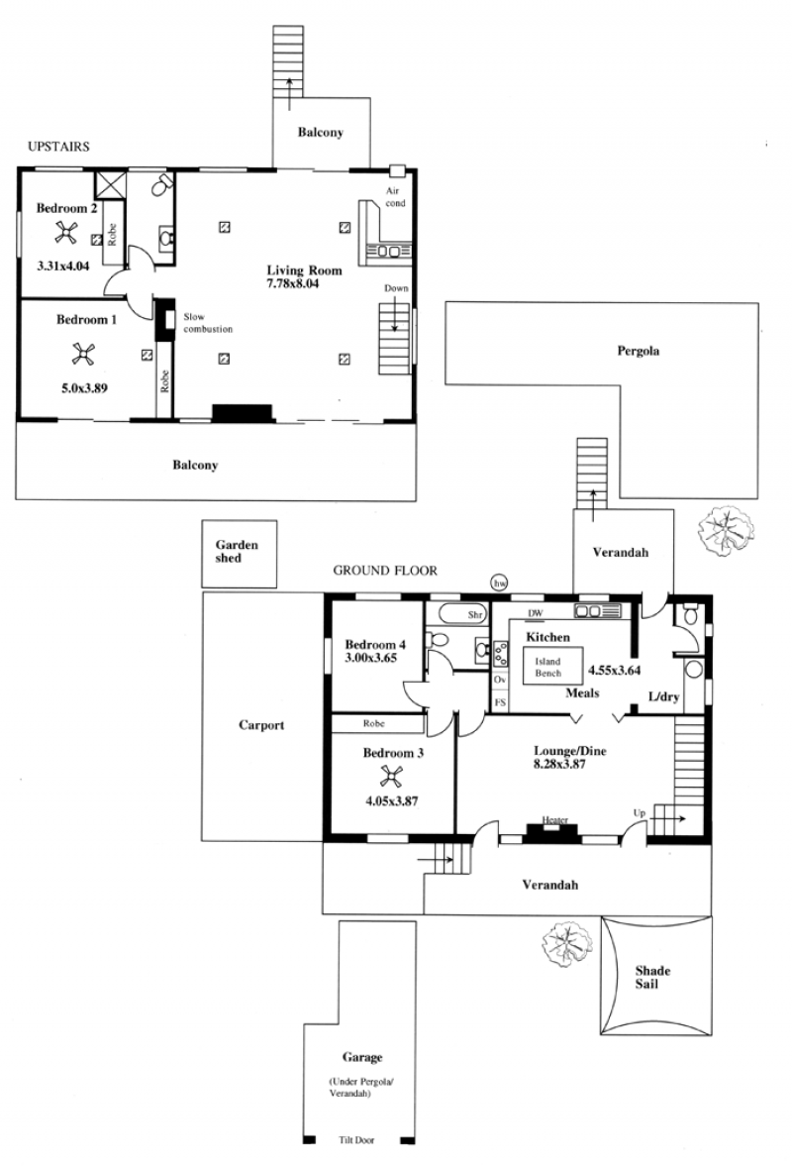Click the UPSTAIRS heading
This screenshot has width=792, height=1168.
tap(58, 147)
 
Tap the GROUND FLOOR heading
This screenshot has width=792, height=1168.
tap(385, 571)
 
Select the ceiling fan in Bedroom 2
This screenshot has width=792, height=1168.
tap(65, 234)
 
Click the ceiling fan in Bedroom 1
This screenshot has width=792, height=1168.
tap(83, 354)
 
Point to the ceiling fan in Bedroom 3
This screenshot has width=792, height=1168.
tap(391, 776)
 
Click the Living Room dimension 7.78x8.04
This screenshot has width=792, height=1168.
tap(292, 283)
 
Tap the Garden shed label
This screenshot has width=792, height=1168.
tap(237, 551)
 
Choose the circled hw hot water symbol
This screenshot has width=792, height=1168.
tap(499, 584)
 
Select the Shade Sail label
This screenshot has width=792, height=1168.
tap(652, 978)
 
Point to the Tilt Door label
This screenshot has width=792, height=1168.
tap(356, 1140)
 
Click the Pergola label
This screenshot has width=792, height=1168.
tap(638, 351)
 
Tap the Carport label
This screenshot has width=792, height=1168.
tap(261, 725)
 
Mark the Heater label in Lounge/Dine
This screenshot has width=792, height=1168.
tap(555, 820)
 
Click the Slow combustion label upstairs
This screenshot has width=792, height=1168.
tap(208, 323)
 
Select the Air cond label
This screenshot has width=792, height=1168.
tap(395, 197)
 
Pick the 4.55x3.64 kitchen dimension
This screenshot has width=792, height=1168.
tap(614, 671)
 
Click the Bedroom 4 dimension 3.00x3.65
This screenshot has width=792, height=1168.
tap(370, 658)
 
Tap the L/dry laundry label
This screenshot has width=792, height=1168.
tap(664, 697)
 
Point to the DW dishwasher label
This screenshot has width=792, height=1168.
tap(535, 614)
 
